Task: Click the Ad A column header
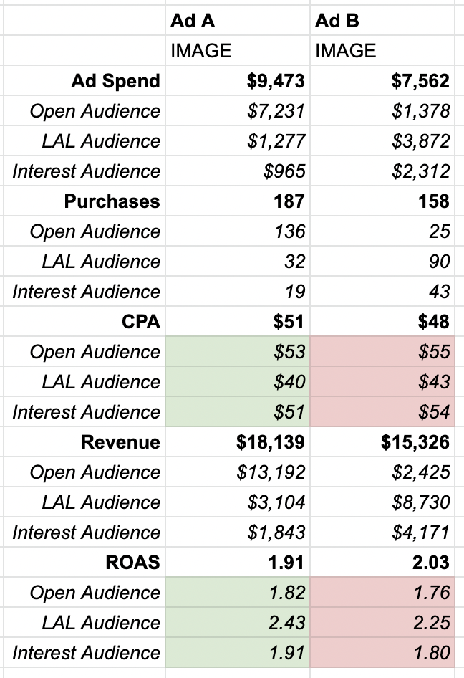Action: (192, 21)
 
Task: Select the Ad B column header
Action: (337, 21)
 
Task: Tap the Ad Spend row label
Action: (115, 81)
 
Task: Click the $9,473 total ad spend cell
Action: (276, 81)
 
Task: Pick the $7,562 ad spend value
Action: (420, 81)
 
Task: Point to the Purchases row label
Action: (112, 201)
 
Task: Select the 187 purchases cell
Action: (289, 201)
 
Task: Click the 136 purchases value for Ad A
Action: (290, 231)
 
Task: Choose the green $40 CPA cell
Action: (290, 382)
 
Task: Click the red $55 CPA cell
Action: (434, 352)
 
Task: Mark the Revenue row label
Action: (120, 442)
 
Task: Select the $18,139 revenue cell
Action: (271, 442)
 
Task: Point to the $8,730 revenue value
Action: (420, 502)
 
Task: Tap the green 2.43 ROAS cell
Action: (286, 623)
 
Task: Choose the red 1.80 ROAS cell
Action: (431, 653)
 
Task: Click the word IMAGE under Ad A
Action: (201, 51)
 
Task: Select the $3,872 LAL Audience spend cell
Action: (421, 141)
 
